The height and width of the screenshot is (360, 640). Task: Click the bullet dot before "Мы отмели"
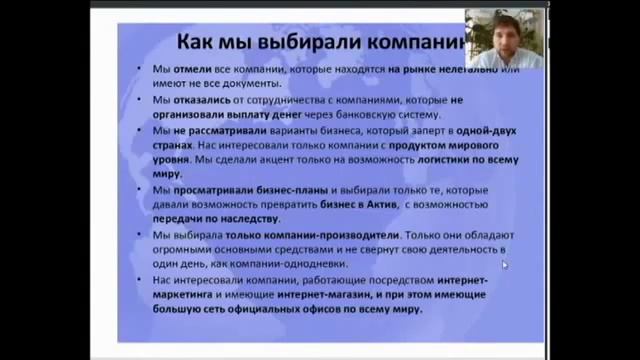pyautogui.click(x=142, y=70)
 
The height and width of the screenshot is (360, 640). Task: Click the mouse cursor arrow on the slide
pyautogui.click(x=504, y=264)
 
